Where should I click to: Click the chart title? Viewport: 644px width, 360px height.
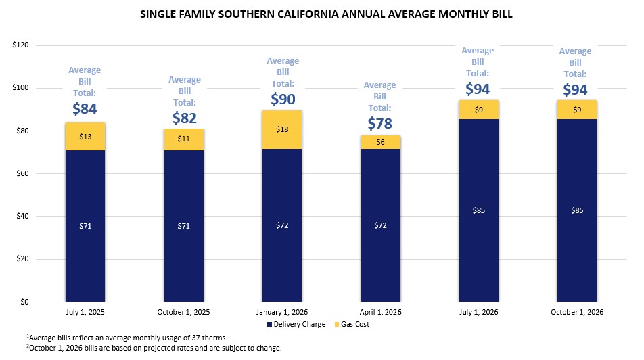click(326, 14)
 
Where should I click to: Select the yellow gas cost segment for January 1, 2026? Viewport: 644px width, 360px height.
click(282, 129)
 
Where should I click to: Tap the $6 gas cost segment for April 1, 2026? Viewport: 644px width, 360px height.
click(381, 142)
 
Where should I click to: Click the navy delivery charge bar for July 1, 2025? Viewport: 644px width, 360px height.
click(85, 226)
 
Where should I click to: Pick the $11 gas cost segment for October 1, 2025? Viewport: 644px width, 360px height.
click(183, 139)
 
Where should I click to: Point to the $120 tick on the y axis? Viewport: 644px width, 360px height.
click(20, 45)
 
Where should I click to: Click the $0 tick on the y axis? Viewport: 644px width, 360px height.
click(24, 302)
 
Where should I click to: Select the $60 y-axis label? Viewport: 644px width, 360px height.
click(22, 173)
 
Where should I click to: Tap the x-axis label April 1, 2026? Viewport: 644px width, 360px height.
click(381, 312)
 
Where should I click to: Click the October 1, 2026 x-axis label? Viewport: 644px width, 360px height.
click(577, 312)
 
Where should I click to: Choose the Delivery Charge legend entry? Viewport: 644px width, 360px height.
click(296, 324)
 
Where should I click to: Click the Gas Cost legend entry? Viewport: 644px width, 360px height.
click(352, 324)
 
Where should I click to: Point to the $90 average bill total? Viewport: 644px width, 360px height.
click(283, 99)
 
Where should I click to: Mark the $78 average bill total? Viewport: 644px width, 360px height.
click(380, 123)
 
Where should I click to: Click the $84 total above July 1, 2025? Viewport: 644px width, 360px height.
click(85, 108)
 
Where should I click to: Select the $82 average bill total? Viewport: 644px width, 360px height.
click(185, 118)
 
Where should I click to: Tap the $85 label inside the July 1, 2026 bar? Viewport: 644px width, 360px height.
click(479, 210)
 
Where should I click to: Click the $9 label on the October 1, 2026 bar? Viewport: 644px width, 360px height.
click(577, 110)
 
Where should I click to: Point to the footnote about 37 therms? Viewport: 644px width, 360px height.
click(127, 338)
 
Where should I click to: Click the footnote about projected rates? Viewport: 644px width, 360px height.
click(154, 348)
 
